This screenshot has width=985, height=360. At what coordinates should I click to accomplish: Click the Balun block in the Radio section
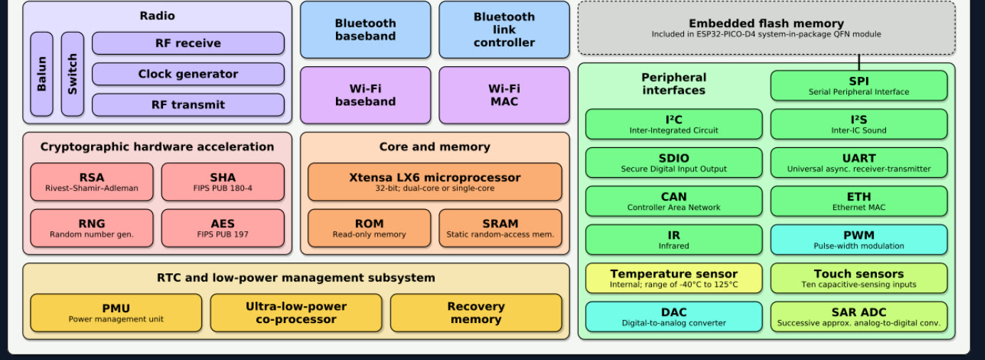click(x=41, y=74)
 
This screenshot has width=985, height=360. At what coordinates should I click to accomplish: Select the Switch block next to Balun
click(x=72, y=74)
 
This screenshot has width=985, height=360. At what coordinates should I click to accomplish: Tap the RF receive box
click(x=188, y=43)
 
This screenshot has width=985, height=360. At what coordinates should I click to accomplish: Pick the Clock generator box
click(x=188, y=74)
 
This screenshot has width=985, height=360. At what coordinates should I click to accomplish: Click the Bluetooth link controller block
click(x=504, y=30)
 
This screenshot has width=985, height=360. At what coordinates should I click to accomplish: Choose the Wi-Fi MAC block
click(x=504, y=95)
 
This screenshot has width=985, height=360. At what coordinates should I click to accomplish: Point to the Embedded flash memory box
click(x=766, y=28)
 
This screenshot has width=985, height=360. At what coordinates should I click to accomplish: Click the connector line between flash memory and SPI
click(x=859, y=63)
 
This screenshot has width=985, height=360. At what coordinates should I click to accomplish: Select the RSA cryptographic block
click(x=92, y=182)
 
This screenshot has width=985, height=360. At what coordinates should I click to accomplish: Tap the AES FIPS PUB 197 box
click(x=223, y=228)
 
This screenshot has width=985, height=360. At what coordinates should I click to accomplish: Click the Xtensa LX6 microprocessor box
click(x=434, y=182)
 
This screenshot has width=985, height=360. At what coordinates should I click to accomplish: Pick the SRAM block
click(x=500, y=228)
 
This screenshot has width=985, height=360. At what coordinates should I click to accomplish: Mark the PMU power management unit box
click(x=116, y=313)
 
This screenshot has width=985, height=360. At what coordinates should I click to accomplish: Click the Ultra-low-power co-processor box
click(x=296, y=313)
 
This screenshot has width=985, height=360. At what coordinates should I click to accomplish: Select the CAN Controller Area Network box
click(x=673, y=201)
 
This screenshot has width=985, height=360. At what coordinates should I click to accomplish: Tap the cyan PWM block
click(x=858, y=240)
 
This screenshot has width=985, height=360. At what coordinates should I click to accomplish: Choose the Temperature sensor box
click(x=673, y=278)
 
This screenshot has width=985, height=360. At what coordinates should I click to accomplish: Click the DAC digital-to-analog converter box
click(x=673, y=317)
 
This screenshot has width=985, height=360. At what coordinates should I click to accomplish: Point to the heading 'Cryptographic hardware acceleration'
click(x=157, y=147)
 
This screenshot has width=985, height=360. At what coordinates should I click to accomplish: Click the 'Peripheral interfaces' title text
click(x=673, y=84)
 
